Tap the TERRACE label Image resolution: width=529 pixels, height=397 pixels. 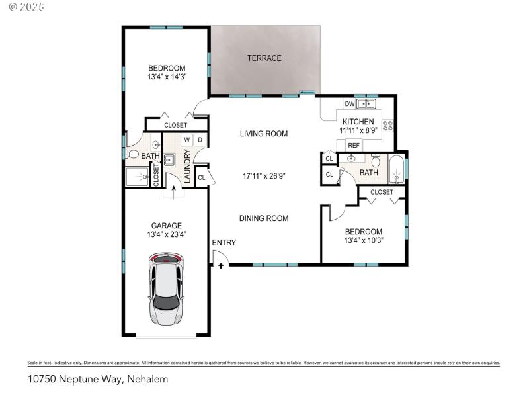[x=264, y=58]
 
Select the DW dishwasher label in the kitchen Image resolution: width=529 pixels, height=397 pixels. [x=348, y=104]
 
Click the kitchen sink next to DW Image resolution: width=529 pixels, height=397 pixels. [x=366, y=104]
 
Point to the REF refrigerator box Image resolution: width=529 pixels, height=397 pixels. [x=354, y=145]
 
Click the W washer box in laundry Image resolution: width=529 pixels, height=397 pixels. [x=186, y=140]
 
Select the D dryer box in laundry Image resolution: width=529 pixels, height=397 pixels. [x=200, y=140]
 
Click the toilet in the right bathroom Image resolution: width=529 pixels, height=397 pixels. [x=376, y=160]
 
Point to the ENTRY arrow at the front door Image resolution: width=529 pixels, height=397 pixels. [x=220, y=265]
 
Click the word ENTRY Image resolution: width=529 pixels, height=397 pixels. [x=224, y=243]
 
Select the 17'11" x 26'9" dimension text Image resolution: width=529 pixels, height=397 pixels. [x=264, y=176]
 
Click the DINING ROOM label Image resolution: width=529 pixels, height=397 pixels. [x=264, y=218]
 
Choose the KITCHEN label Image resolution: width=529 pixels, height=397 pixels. [x=358, y=122]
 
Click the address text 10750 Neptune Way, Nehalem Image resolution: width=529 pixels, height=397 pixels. [x=98, y=379]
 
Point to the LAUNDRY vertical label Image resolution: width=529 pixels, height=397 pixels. [x=188, y=167]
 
